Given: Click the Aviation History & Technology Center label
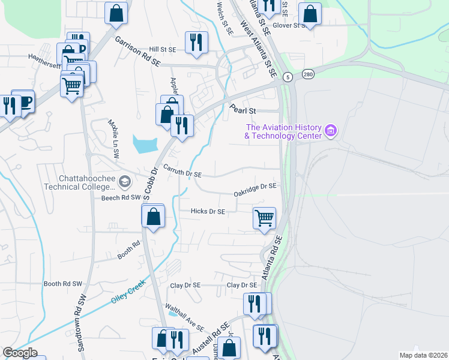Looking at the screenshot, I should (x=283, y=131).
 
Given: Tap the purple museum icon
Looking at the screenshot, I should (x=330, y=130).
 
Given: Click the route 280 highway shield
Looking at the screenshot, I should (x=308, y=74).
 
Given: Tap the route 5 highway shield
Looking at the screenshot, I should (x=288, y=77).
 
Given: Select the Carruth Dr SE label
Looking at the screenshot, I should (x=180, y=173).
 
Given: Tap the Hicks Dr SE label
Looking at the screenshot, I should (x=208, y=211).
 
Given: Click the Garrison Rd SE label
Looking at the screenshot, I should (x=138, y=50).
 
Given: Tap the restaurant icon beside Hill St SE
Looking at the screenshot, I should (x=196, y=42).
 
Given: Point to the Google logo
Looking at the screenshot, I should (x=19, y=353).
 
